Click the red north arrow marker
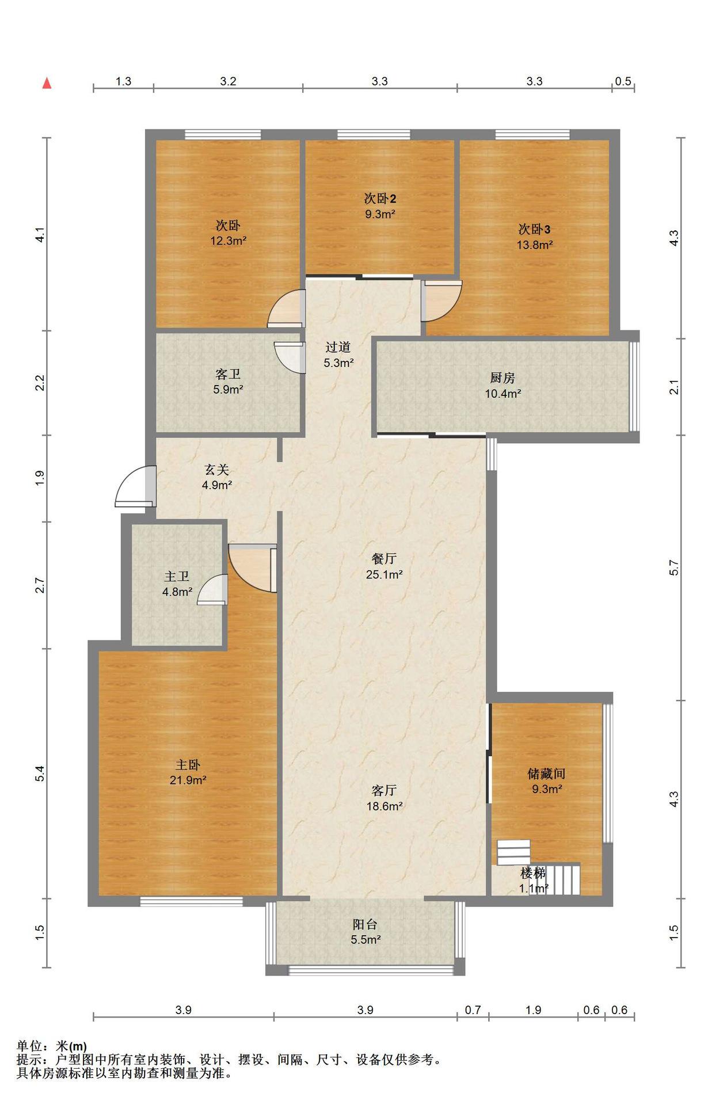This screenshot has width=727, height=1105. [x=47, y=83]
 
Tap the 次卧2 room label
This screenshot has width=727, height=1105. [x=380, y=199]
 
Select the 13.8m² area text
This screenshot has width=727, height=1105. [x=535, y=245]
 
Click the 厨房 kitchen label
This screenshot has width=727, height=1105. [x=503, y=378]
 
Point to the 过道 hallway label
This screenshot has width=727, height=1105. [x=338, y=347]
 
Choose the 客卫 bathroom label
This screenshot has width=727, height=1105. [x=228, y=374]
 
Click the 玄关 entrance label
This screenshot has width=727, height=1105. [x=216, y=470]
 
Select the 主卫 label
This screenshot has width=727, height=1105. [x=177, y=576]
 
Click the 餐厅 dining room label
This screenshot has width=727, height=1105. [x=384, y=558]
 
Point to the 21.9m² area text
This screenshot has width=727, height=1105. [x=188, y=780]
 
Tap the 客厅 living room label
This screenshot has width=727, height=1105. [x=384, y=791]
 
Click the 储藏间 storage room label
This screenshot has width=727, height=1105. [x=546, y=773]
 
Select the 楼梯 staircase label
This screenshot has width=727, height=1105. [x=532, y=873]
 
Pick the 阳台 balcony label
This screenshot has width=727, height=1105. [x=365, y=924]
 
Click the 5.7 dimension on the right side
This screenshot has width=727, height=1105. [x=675, y=567]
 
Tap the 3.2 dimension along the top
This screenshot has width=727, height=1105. [x=228, y=81]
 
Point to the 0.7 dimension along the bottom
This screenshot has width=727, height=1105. [x=473, y=1009]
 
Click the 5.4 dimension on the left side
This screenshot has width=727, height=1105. [x=39, y=773]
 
